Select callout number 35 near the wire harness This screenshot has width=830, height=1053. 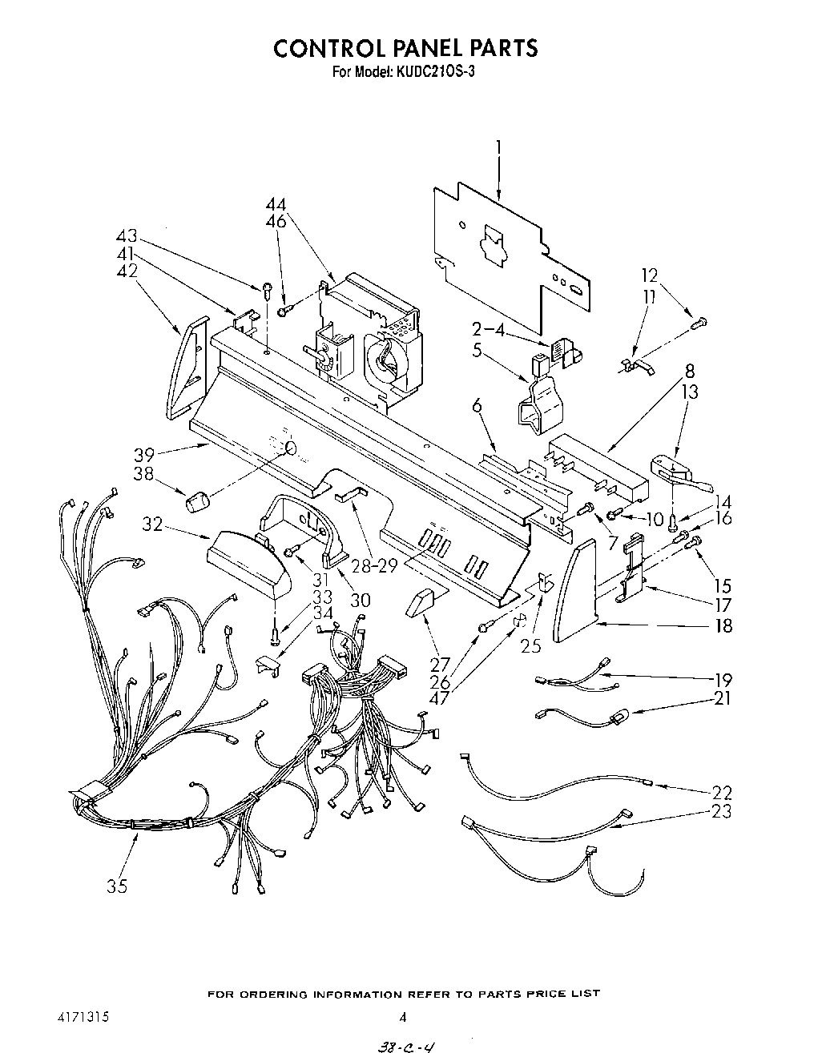117,886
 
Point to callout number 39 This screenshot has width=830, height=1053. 144,455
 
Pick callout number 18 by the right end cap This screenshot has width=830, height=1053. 723,625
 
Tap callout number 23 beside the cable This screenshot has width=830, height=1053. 721,811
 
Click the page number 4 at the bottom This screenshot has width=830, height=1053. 404,1018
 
